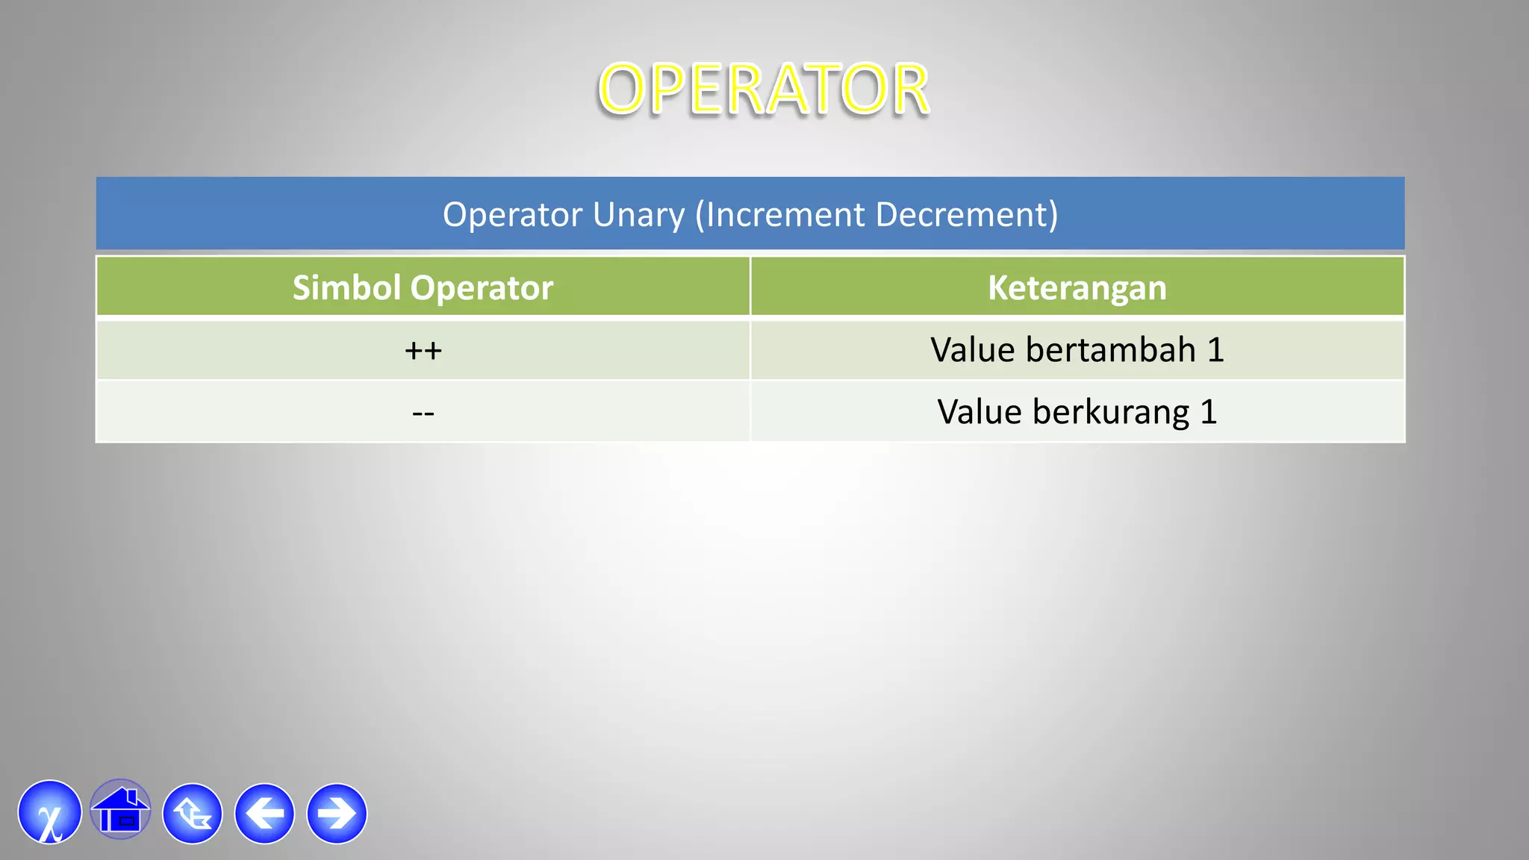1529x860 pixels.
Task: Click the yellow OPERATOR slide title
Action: point(763,90)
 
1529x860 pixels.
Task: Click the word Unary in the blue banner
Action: point(638,215)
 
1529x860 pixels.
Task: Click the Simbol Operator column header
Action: point(423,287)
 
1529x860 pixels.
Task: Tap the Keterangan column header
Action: point(1077,287)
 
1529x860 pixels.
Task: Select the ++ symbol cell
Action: point(423,350)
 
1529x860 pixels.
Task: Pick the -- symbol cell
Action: point(423,412)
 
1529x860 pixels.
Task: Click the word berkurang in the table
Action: point(1110,412)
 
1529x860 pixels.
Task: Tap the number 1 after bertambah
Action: point(1215,349)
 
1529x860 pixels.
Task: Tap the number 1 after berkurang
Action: point(1209,412)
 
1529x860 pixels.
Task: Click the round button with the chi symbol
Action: point(50,813)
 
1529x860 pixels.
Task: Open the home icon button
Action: point(120,811)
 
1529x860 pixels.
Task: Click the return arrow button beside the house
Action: point(193,814)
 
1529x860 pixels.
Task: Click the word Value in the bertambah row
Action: point(972,349)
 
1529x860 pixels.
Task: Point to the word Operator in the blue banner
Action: point(512,215)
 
